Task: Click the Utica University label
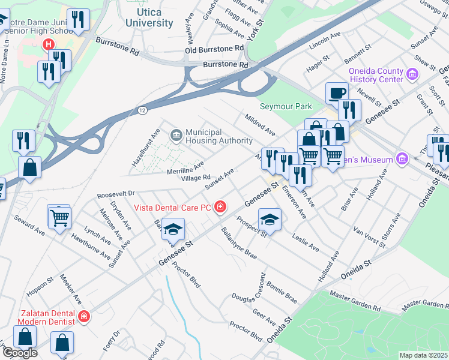(150, 17)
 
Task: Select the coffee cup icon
(336, 93)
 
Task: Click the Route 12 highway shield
(142, 110)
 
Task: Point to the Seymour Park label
(286, 106)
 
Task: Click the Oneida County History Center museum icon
(412, 74)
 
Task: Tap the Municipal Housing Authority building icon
(176, 136)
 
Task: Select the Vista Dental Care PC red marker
(221, 208)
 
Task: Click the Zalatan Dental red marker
(84, 316)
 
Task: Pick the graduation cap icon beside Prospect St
(270, 220)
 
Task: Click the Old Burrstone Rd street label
(214, 49)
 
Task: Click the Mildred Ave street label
(259, 124)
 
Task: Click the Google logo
(20, 353)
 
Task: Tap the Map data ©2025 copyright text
(423, 355)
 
